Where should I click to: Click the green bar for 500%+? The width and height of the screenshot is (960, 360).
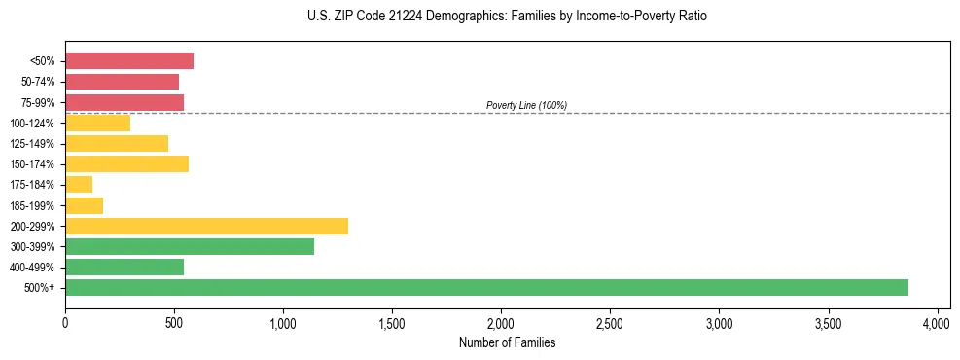pyautogui.click(x=486, y=287)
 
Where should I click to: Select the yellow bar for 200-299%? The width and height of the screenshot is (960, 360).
pyautogui.click(x=206, y=226)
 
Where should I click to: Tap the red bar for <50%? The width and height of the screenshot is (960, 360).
pyautogui.click(x=129, y=61)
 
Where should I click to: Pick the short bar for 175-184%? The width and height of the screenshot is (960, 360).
pyautogui.click(x=79, y=185)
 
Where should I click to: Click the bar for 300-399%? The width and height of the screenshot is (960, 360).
pyautogui.click(x=190, y=246)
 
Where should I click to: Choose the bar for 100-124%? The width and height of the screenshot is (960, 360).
pyautogui.click(x=97, y=123)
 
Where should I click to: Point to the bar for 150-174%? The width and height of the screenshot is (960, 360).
pyautogui.click(x=126, y=163)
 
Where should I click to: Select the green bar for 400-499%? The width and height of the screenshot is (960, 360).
pyautogui.click(x=124, y=267)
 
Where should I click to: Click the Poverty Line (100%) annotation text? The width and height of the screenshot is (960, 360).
pyautogui.click(x=526, y=105)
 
